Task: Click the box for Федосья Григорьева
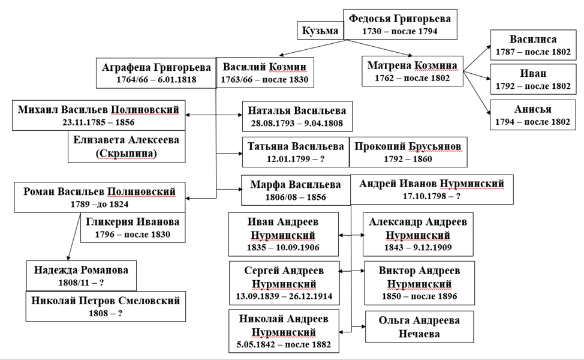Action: tap(401, 24)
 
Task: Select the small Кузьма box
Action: tap(320, 31)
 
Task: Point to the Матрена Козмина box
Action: tap(413, 71)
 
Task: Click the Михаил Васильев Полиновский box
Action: tap(98, 116)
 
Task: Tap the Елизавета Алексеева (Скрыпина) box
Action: tap(126, 146)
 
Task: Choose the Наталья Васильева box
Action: tap(297, 116)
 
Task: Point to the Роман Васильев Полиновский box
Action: tap(99, 197)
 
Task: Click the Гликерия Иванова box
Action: tap(133, 227)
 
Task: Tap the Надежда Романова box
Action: tap(81, 275)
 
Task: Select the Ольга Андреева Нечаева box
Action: tap(419, 326)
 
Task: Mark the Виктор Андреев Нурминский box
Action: tap(419, 282)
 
